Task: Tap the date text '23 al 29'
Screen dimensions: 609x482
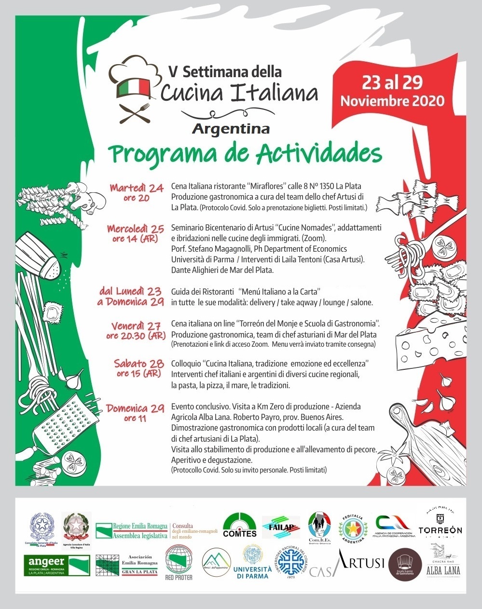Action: click(392, 82)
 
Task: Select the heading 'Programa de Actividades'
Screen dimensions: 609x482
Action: click(245, 154)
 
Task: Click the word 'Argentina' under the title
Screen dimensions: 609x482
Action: click(231, 129)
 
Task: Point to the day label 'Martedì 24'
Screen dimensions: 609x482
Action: click(137, 188)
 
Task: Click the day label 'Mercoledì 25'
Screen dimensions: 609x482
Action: click(136, 229)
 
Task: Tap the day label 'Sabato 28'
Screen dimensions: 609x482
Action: click(138, 363)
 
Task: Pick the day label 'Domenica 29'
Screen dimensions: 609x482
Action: click(136, 408)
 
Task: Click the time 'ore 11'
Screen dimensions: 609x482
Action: click(135, 418)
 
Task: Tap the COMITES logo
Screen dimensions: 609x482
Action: click(240, 526)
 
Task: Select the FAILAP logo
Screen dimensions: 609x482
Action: click(281, 527)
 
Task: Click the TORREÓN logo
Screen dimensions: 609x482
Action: click(440, 523)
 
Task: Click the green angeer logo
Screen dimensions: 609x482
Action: click(56, 565)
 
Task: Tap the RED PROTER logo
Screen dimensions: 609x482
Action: click(179, 563)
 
